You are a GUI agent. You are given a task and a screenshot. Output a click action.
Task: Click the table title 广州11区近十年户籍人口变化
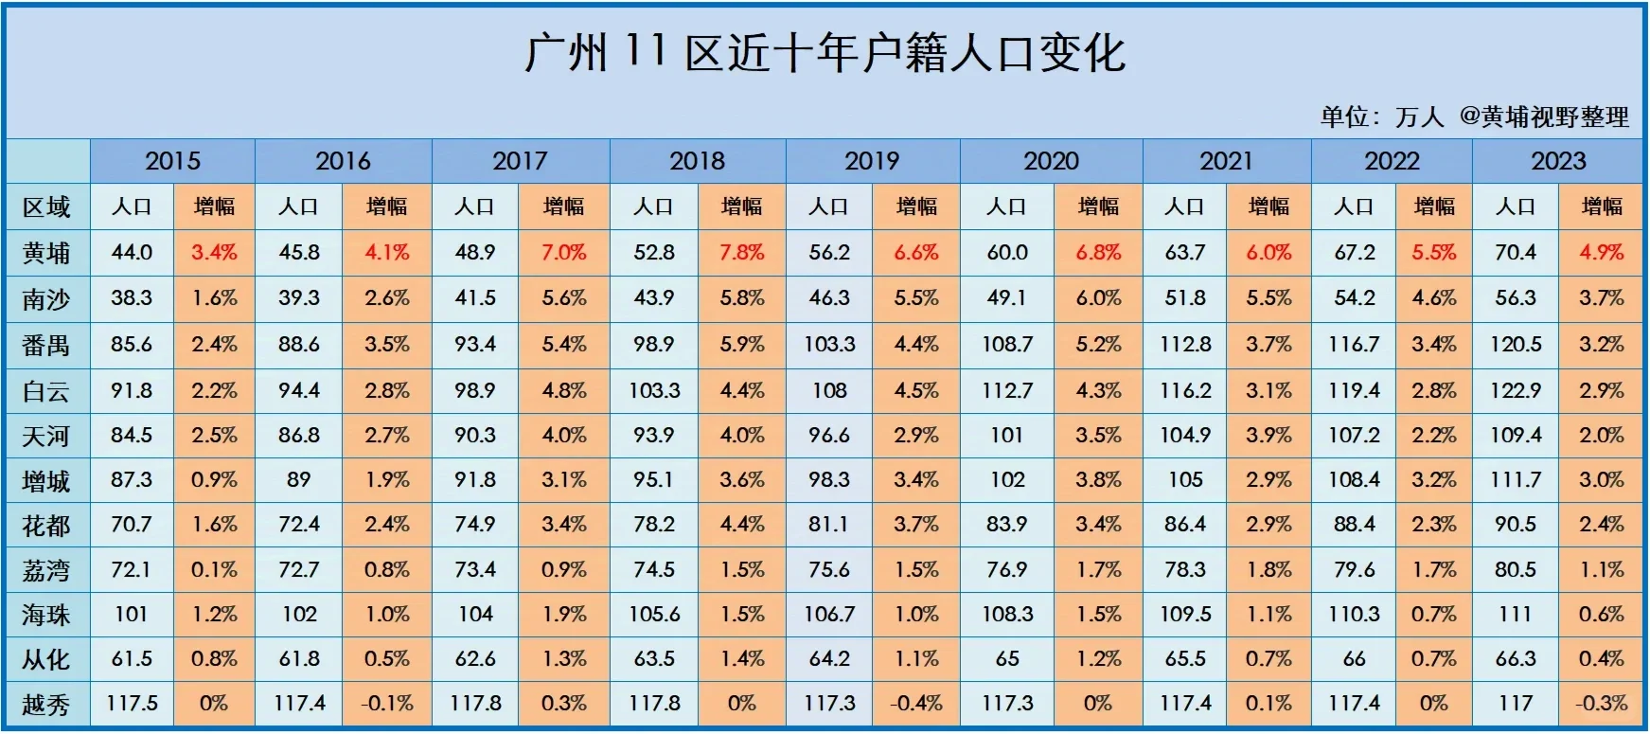[x=825, y=53]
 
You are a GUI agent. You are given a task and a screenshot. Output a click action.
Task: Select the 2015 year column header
[x=172, y=161]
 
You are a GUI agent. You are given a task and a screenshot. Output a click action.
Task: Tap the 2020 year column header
[x=1051, y=161]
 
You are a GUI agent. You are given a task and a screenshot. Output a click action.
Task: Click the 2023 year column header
[x=1558, y=161]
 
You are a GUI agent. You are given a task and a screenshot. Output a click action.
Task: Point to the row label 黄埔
[x=46, y=253]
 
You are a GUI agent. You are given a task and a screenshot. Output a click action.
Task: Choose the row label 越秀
[x=46, y=705]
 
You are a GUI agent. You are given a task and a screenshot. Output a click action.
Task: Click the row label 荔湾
[x=46, y=570]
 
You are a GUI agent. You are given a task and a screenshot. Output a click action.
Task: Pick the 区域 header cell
[x=46, y=207]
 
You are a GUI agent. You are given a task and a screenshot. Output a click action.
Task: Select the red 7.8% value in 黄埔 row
[x=741, y=253]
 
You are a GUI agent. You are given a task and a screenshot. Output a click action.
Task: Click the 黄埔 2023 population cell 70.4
[x=1515, y=253]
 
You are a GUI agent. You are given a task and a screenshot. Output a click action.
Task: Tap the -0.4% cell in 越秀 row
[x=916, y=704]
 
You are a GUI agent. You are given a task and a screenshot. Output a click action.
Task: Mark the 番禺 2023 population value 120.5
[x=1515, y=345]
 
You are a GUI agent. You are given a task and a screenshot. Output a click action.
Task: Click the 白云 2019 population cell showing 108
[x=829, y=390]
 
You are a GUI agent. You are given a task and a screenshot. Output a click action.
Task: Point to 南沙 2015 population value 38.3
[x=132, y=298]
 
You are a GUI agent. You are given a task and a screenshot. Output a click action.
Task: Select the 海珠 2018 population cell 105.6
[x=654, y=615]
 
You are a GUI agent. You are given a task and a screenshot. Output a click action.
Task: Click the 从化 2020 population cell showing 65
[x=1006, y=659]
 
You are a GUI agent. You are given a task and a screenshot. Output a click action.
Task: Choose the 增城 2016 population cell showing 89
[x=298, y=480]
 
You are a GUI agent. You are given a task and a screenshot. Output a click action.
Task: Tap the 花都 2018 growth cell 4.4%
[x=741, y=525]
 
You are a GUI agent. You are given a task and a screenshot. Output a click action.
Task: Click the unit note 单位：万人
[x=1381, y=117]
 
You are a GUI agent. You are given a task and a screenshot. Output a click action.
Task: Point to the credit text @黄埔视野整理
[x=1544, y=117]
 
